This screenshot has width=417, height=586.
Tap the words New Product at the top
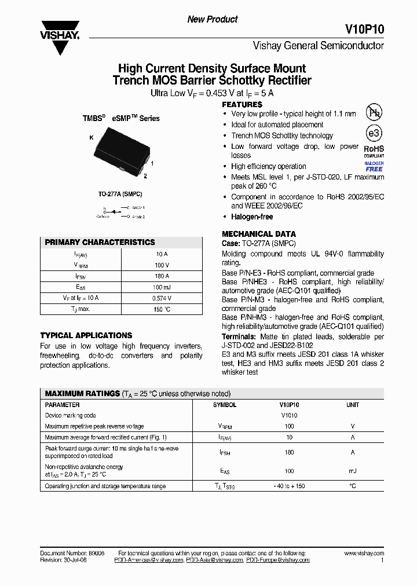coord(213,19)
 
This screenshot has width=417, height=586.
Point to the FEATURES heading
coord(242,104)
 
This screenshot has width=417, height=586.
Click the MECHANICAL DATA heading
coord(259,234)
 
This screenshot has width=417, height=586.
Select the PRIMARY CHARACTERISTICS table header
coord(100,242)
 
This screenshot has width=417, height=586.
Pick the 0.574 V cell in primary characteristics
coord(162,298)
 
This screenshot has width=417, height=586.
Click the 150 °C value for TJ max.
coord(162,309)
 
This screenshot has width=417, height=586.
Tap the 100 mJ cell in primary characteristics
coord(162,287)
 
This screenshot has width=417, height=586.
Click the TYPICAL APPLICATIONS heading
coord(86,335)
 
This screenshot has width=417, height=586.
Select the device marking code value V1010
coord(289,415)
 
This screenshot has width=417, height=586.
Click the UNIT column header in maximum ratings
coord(352,405)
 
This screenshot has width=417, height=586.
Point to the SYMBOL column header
coord(225,405)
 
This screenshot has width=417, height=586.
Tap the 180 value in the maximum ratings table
coord(289,452)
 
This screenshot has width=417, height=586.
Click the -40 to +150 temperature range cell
coord(289,486)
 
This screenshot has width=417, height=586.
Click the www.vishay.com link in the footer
coord(360,554)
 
